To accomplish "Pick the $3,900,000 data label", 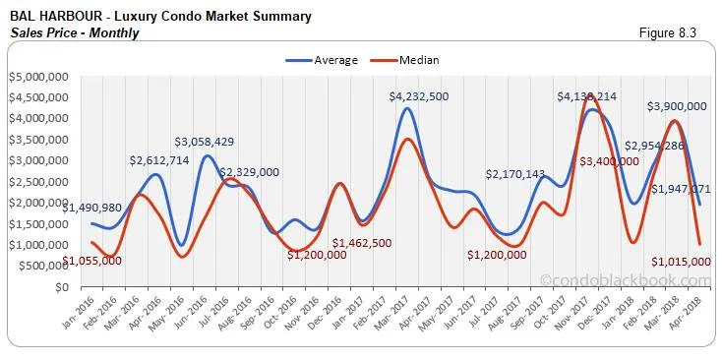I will [x=677, y=106].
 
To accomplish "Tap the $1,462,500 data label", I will [x=367, y=243].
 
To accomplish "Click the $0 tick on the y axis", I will [x=61, y=287].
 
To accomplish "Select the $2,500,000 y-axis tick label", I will [x=37, y=182].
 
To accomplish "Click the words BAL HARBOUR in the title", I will [x=49, y=17].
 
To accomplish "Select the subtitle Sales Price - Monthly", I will [x=75, y=32].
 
